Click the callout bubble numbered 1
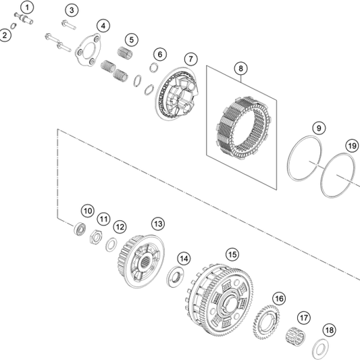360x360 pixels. tap(27, 7)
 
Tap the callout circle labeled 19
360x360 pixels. tap(352, 146)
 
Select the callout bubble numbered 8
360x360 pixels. tap(240, 68)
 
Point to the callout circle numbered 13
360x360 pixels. tap(158, 224)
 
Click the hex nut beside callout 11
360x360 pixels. tap(96, 237)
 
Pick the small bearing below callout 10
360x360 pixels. tap(80, 228)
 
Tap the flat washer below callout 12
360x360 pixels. tap(111, 245)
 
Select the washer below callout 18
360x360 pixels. tap(321, 349)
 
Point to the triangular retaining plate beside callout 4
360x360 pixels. tap(88, 50)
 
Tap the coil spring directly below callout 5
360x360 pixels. tap(125, 53)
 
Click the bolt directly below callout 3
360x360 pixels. tap(69, 25)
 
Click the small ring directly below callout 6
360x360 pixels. tap(153, 68)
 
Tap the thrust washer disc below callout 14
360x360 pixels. tap(176, 276)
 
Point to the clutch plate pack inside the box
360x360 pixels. tap(243, 128)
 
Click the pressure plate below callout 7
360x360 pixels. tap(177, 94)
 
